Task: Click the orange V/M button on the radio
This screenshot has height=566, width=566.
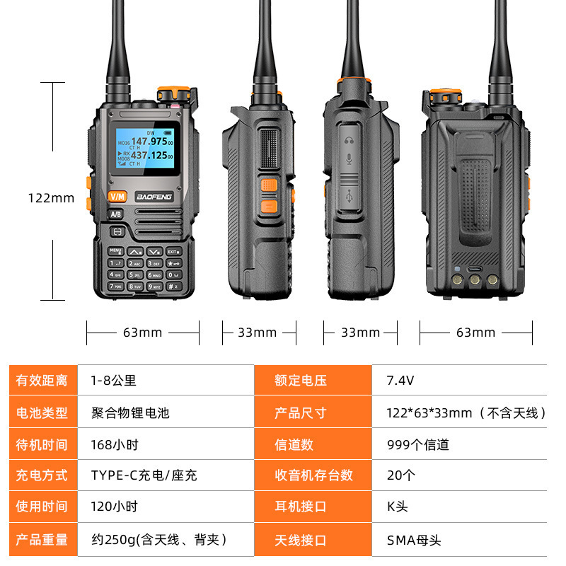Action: pos(117,196)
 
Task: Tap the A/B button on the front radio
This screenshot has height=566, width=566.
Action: pos(116,214)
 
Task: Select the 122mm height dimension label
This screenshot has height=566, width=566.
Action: pos(51,198)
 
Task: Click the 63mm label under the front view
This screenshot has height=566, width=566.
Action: pos(142,333)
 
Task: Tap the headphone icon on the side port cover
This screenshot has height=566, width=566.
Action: pos(347,139)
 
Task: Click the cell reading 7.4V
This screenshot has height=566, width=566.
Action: pos(400,381)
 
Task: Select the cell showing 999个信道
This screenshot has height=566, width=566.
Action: pos(418,445)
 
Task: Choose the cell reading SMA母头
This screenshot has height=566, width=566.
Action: pos(414,541)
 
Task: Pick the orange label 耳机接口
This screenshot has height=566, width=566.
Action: pos(301,507)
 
